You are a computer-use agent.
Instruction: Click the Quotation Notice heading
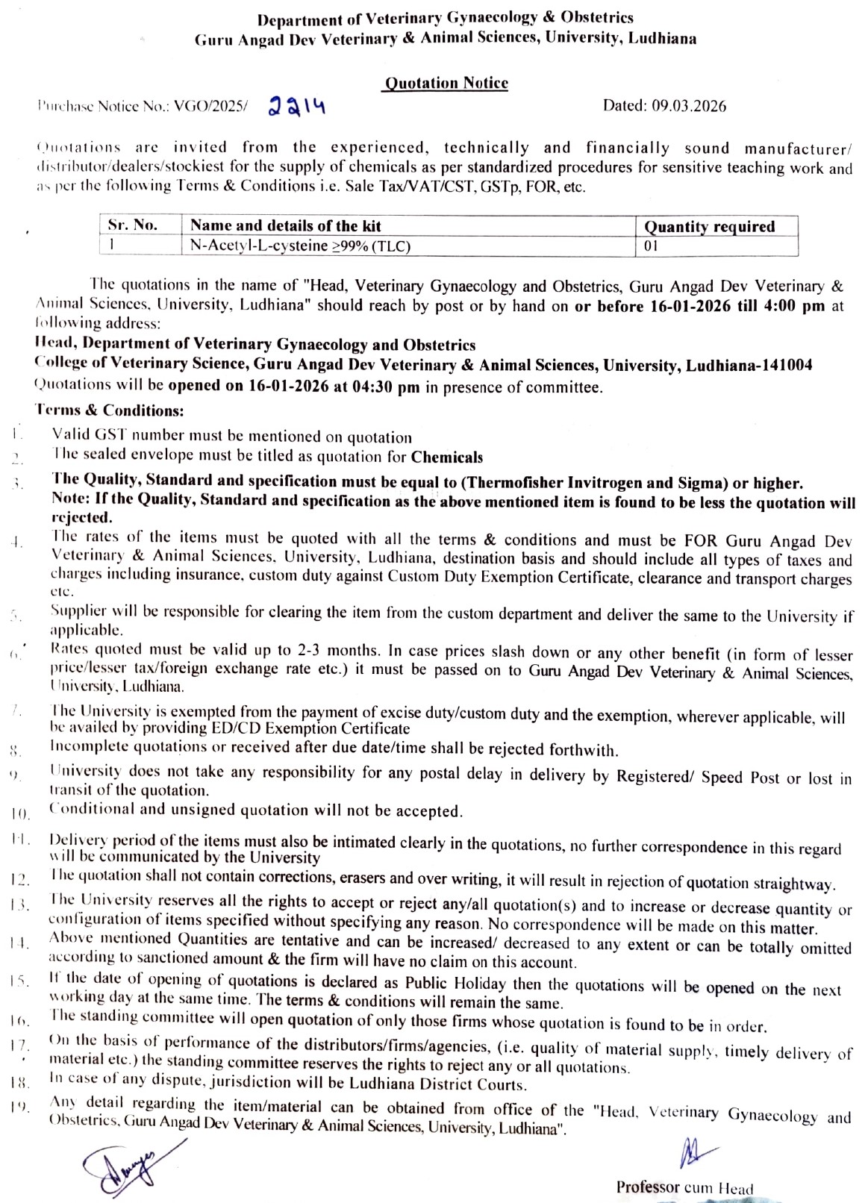point(446,83)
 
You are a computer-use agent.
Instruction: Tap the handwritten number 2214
point(296,107)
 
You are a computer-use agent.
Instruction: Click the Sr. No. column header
point(133,225)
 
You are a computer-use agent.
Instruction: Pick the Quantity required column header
point(709,226)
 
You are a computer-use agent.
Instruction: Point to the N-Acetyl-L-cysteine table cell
point(300,246)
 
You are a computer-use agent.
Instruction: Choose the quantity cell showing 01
point(651,246)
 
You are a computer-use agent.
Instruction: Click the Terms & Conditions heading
point(109,410)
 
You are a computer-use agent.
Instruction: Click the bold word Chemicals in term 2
point(447,457)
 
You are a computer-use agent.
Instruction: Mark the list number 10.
point(20,813)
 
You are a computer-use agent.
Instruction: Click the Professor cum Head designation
point(684,1187)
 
